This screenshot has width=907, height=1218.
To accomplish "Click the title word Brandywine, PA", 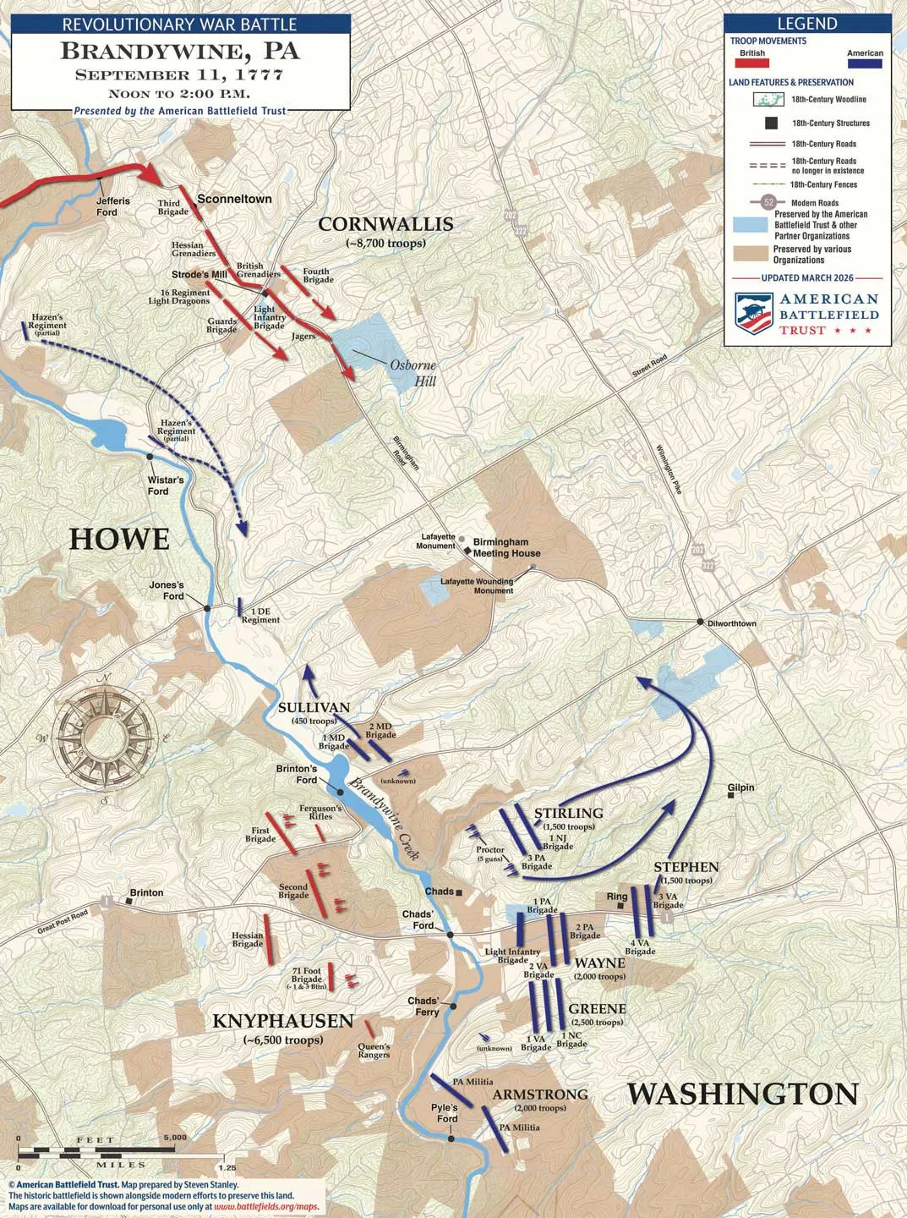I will tap(180, 51).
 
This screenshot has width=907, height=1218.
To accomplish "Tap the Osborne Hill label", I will tap(413, 373).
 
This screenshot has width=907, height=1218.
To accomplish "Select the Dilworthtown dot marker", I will tap(700, 622).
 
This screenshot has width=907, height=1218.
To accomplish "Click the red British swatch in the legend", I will tap(751, 63).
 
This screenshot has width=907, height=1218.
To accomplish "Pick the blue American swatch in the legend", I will tap(864, 63).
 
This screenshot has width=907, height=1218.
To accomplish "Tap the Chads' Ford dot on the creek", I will tap(451, 935).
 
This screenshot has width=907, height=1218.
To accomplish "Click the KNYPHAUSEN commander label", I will tap(282, 1021).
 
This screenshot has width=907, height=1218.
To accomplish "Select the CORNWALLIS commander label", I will tap(385, 224).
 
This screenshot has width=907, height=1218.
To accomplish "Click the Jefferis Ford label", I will tap(113, 206).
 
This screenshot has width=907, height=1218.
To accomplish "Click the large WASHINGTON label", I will tap(742, 1094).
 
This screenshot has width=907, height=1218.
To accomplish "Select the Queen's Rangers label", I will tap(374, 1051).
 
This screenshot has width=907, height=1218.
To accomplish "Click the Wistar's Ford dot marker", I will tap(150, 457).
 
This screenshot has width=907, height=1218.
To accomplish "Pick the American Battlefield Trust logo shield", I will tap(754, 314).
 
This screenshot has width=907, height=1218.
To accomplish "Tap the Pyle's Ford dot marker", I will tap(451, 1138).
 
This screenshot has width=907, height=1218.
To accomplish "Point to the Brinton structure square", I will tap(128, 902).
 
